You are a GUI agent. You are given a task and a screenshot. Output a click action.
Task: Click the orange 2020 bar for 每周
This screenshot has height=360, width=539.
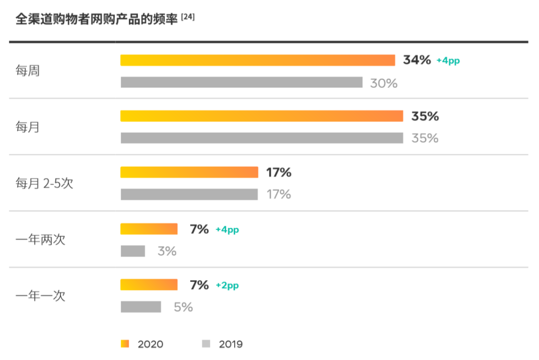coord(258,60)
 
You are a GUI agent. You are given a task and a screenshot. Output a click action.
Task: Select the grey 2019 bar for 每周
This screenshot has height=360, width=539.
coord(242,82)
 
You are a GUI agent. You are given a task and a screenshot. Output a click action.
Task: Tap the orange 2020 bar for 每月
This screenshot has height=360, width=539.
coord(262,116)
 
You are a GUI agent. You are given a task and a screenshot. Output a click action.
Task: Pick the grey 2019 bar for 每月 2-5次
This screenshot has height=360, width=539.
coord(189,194)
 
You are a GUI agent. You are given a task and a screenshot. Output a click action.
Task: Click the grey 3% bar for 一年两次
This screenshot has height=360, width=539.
coord(133,251)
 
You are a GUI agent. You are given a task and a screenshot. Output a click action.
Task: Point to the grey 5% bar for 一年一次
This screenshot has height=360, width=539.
coord(141,307)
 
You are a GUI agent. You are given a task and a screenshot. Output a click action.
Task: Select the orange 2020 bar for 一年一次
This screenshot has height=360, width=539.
coord(149,285)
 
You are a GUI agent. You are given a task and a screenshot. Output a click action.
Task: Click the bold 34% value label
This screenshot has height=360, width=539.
coord(417,60)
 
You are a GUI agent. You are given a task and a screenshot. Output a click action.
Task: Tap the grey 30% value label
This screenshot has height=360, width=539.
coord(384,83)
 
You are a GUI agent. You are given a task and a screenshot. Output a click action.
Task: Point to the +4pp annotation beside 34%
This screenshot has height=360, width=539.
coord(448,61)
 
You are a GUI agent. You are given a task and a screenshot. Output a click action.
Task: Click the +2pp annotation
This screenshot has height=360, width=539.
coord(227,286)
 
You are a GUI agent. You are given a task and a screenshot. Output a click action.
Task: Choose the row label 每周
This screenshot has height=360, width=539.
coord(27,71)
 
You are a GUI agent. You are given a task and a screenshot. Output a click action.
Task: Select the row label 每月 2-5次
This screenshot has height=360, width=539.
coord(44,183)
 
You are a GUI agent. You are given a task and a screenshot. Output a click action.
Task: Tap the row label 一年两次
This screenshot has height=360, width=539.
coord(40,240)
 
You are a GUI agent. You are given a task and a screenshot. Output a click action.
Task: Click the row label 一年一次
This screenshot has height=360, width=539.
coord(40,296)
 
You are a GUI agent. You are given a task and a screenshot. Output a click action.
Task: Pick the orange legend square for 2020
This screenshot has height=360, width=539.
coord(125,344)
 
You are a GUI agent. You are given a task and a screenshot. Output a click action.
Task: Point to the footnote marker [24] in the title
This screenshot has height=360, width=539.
coord(188,17)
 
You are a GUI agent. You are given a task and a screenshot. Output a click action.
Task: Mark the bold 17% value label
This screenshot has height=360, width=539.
coord(279,173)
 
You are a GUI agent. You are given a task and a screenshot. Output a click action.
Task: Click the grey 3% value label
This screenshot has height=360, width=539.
coord(167,252)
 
